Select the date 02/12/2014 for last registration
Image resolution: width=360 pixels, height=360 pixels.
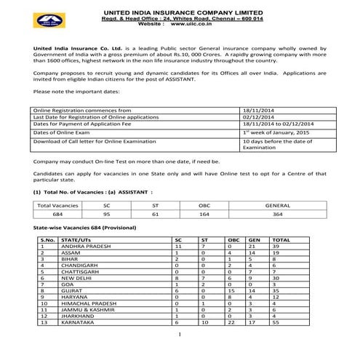pos(257,116)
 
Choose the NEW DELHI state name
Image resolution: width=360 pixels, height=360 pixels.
pos(77,278)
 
